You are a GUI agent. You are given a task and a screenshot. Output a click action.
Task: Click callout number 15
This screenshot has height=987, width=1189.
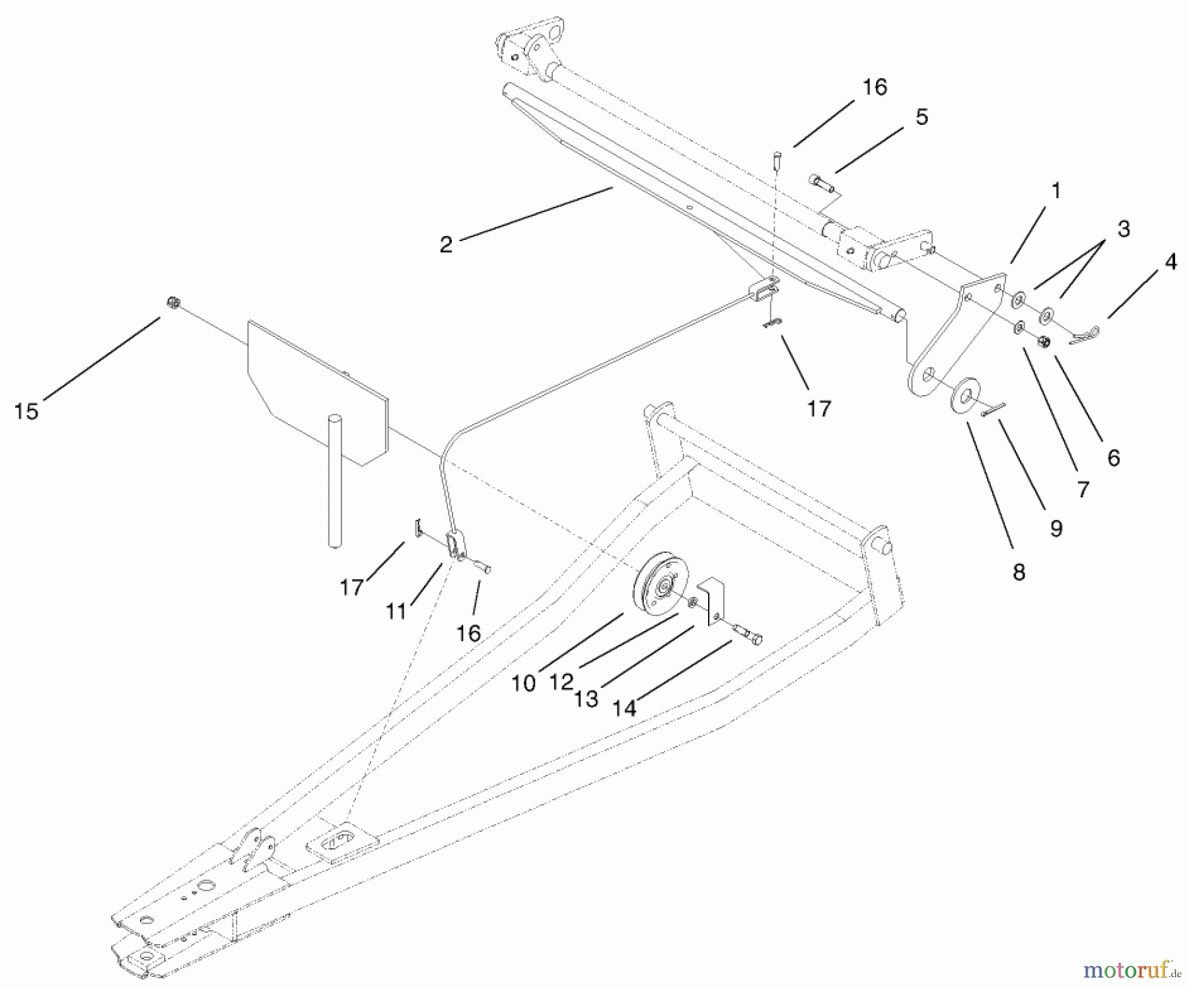coord(26,412)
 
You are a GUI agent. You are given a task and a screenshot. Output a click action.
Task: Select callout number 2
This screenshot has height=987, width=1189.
coord(447,244)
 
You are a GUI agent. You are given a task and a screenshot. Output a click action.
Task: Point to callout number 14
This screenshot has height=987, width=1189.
coord(624,708)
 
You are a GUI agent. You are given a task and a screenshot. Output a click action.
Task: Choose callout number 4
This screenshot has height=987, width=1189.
coord(1171,262)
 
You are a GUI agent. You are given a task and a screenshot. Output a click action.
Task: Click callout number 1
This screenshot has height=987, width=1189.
coord(1056,192)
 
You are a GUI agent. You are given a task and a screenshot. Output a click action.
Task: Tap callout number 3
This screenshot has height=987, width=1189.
coord(1124,229)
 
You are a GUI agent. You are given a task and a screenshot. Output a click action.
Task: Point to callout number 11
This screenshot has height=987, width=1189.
coord(396,612)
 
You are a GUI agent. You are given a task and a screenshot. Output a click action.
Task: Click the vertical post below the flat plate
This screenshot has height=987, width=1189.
coord(335,480)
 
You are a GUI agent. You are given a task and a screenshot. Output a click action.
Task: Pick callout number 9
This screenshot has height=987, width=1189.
coord(1056,529)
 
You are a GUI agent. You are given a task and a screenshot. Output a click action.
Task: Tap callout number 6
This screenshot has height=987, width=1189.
coord(1114,458)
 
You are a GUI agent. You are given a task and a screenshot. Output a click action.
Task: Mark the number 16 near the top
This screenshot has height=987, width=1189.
coord(875,87)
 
